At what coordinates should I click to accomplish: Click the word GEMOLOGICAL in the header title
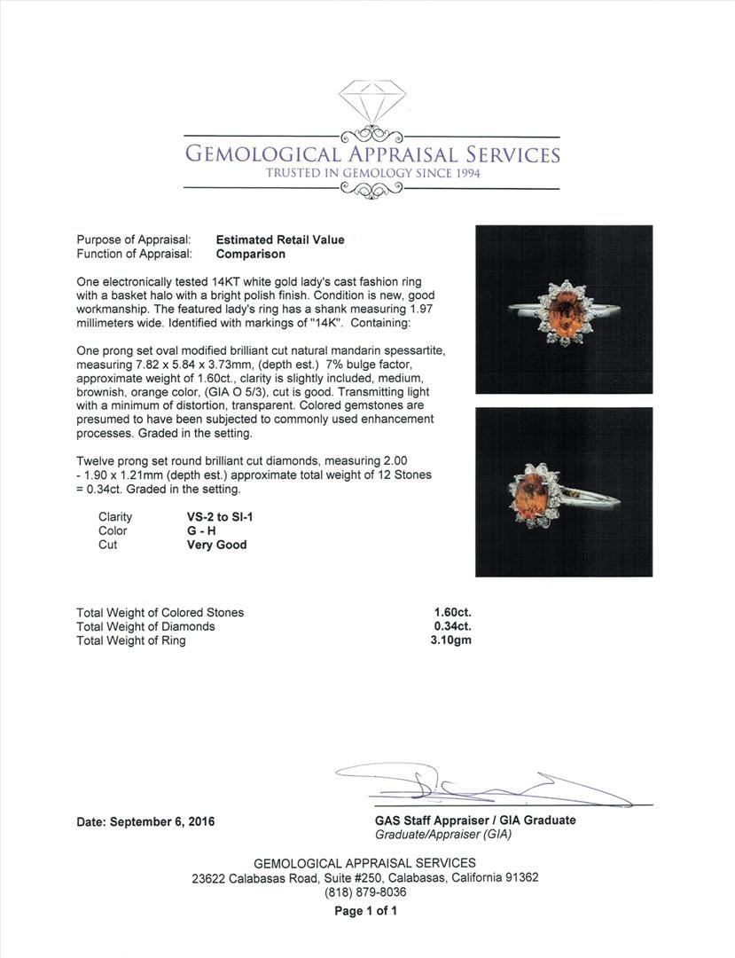click(257, 154)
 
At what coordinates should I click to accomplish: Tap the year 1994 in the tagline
click(463, 173)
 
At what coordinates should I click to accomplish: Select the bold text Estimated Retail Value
click(280, 239)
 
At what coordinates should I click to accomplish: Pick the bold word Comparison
click(251, 254)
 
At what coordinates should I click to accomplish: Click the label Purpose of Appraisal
click(134, 239)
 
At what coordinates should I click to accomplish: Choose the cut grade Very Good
click(211, 545)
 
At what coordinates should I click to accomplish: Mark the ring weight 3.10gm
click(452, 640)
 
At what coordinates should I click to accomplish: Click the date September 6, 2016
click(145, 821)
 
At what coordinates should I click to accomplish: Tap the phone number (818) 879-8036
click(364, 892)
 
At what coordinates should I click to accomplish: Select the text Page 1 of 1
click(365, 911)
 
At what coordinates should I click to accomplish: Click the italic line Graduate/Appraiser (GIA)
click(443, 834)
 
